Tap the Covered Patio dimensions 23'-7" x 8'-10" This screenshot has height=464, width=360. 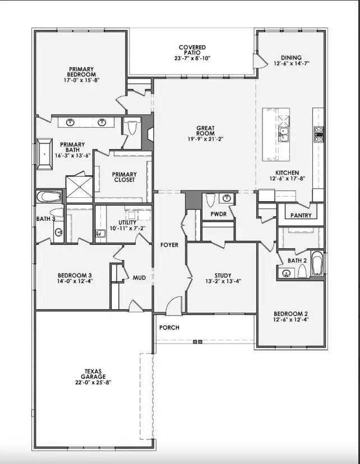pos(192,58)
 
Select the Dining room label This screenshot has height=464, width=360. pos(291,58)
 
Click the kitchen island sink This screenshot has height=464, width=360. pos(283,134)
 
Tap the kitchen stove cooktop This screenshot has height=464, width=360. pos(319,132)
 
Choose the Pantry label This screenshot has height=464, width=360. pos(301,215)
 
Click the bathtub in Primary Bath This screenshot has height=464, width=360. pos(44,153)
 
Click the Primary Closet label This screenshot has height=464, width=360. pos(124,177)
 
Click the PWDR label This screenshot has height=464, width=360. pos(218,214)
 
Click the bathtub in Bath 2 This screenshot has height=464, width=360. pos(317,263)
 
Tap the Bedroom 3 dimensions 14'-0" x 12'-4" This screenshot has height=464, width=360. pos(75,282)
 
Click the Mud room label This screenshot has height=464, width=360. pos(139,277)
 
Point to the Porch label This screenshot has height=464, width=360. pos(169,327)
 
